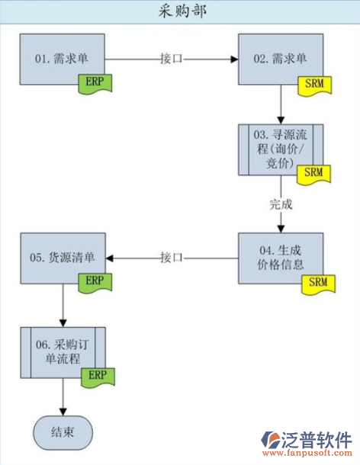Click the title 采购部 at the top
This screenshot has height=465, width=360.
(x=181, y=11)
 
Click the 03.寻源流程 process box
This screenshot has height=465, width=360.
(x=281, y=146)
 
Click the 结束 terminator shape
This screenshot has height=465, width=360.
(x=63, y=432)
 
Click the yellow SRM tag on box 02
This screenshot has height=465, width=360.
(x=313, y=82)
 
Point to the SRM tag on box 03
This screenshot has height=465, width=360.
(x=313, y=172)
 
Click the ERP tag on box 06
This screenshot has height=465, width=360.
(x=95, y=374)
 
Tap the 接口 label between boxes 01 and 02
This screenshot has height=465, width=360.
(x=172, y=58)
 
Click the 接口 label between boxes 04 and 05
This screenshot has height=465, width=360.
(x=172, y=258)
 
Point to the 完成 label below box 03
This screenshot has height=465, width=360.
(x=281, y=204)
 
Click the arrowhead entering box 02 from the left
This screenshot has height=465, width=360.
(x=235, y=58)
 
